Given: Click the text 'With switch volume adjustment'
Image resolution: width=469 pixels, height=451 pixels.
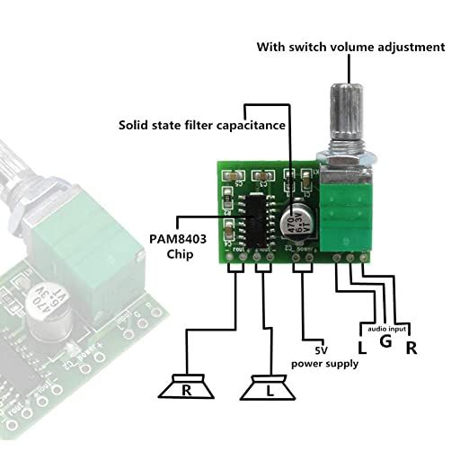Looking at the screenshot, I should point(350,47).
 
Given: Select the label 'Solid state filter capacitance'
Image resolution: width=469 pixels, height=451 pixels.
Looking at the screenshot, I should point(203,125).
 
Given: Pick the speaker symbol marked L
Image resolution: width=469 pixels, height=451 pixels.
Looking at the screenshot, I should point(268,391).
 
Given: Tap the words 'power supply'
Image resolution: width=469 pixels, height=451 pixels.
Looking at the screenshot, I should point(324,364).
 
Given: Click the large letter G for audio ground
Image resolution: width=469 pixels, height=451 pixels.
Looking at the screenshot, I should point(384,343).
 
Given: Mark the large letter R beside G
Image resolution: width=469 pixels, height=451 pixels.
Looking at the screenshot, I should point(411,347).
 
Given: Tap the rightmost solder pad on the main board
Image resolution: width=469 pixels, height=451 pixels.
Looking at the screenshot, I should point(364,259).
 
